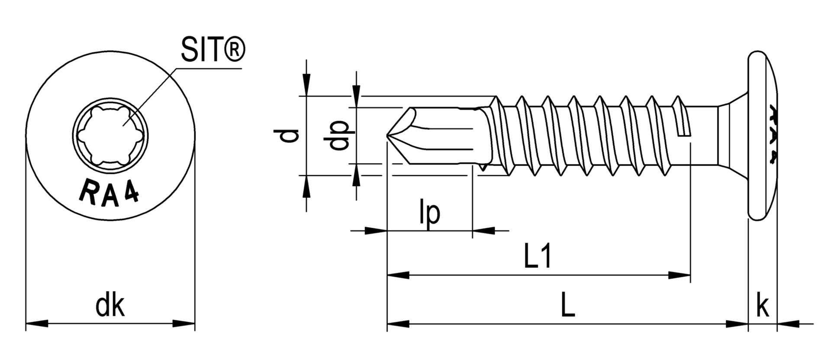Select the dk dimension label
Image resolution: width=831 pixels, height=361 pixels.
110,306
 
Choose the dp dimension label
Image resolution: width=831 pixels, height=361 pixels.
338,135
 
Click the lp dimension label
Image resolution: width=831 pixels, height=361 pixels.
430,212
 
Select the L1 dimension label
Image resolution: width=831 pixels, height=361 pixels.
538,257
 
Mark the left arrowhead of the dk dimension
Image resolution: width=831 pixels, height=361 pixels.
37,323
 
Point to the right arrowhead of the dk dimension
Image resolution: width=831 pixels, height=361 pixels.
184,323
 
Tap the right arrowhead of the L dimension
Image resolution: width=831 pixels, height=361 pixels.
737,323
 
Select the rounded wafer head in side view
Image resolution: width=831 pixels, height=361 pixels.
762,136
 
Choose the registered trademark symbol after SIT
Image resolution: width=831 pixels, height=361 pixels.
234,48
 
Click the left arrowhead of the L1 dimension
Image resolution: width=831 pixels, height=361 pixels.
398,275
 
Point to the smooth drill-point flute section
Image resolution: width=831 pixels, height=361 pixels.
446,136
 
